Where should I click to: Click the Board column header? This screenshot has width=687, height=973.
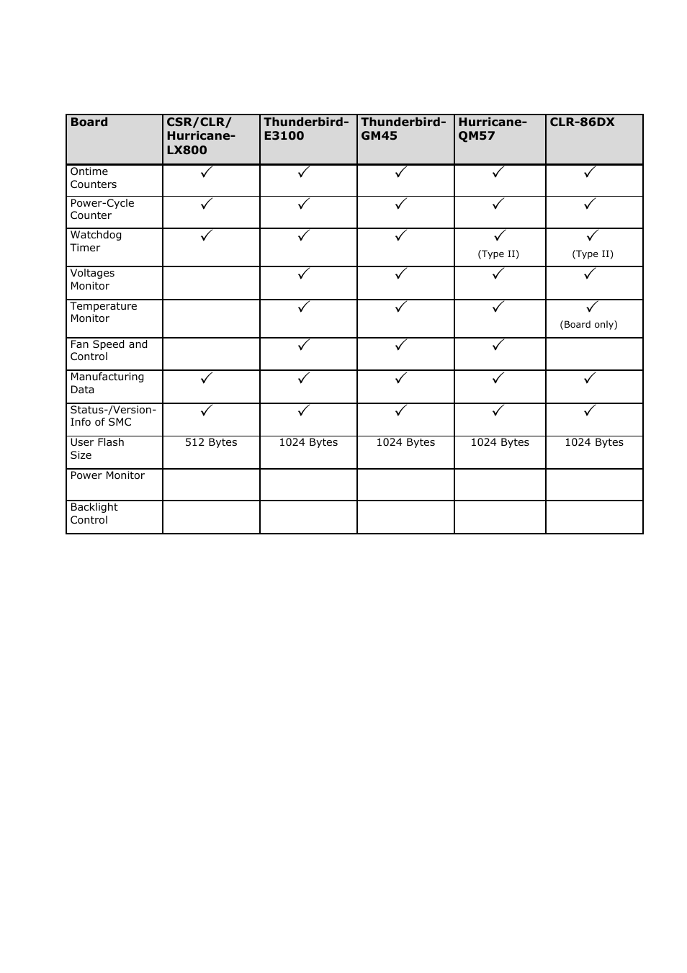coord(89,122)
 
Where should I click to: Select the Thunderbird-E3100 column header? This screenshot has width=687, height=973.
coord(306,129)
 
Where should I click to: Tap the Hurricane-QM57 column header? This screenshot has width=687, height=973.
coord(493,129)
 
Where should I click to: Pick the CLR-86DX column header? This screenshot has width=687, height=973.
coord(582,122)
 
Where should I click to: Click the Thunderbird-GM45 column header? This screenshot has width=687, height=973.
coord(403,129)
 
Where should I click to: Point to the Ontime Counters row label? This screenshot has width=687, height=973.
coord(93,178)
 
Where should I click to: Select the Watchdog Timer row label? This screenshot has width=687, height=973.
coord(96,241)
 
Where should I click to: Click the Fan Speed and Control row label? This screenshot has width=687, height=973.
coord(109,351)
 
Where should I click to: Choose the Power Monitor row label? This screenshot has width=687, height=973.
coord(107,475)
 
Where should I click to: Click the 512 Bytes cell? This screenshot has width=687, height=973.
coord(211,442)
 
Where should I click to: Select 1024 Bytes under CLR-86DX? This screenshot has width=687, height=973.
coord(594,442)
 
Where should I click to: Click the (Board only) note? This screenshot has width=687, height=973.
coord(588,325)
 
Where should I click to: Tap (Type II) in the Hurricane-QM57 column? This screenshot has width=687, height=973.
coord(498,254)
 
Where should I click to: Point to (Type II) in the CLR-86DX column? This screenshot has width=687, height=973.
coord(593,254)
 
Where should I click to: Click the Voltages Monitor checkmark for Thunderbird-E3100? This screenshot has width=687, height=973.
coord(304,274)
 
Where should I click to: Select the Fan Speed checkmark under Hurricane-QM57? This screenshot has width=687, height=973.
coord(498,345)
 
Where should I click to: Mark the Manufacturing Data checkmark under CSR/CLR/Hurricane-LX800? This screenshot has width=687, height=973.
coord(207,377)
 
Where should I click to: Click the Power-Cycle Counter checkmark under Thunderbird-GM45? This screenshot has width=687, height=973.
coord(401,204)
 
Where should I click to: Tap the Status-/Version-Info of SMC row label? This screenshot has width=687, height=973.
coord(113,416)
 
